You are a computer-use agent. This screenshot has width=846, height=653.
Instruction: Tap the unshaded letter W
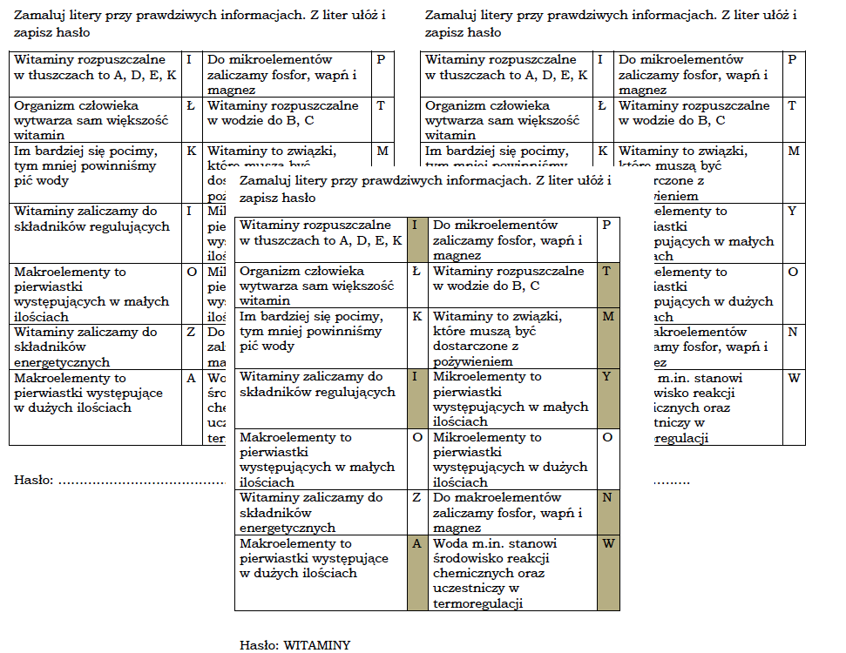click(x=793, y=379)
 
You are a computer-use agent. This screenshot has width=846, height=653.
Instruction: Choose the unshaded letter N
click(x=792, y=333)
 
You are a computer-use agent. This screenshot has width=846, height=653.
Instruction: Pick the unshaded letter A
click(x=191, y=379)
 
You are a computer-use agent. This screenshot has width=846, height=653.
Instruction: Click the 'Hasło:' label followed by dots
click(x=34, y=480)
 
